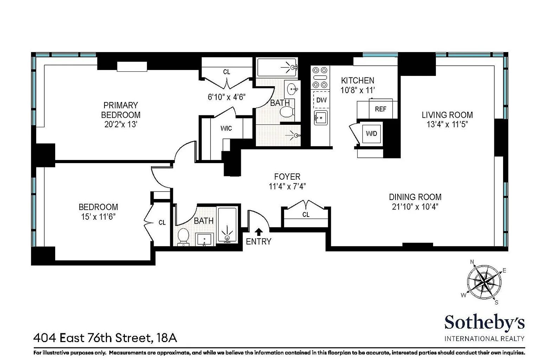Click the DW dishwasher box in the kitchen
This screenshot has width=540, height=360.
[321, 100]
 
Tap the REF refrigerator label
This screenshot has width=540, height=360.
[381, 109]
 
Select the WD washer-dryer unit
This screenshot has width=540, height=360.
[372, 134]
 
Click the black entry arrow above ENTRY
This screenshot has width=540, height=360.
[259, 232]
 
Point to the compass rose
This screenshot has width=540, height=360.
[484, 282]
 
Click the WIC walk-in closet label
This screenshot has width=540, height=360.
[226, 128]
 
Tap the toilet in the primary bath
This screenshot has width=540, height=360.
[287, 112]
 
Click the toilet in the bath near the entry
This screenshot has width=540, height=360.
[183, 236]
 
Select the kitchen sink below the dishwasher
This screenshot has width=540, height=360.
[321, 118]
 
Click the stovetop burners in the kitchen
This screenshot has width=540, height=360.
[320, 77]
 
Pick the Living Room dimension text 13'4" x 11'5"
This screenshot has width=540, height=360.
[447, 124]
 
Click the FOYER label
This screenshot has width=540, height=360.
[287, 177]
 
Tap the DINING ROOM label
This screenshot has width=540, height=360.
[415, 197]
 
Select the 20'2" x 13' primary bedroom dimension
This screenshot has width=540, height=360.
[121, 124]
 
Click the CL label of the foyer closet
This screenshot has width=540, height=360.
[306, 214]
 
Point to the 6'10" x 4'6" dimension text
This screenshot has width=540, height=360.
[226, 97]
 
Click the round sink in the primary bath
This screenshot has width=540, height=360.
[292, 89]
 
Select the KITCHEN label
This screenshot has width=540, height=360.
[358, 80]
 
